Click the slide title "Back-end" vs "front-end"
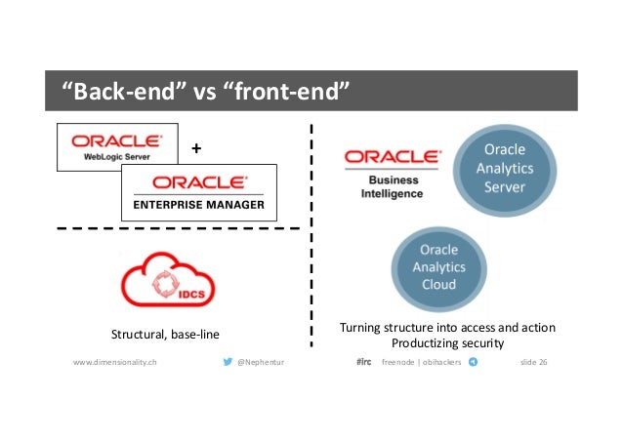tap(206, 92)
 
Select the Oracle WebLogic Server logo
tap(117, 147)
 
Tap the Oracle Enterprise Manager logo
tap(198, 191)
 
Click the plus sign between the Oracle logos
tap(197, 148)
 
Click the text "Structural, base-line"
tap(165, 336)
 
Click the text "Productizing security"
tap(448, 343)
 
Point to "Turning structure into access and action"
tap(448, 328)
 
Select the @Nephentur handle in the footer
tap(261, 362)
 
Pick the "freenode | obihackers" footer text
tap(421, 362)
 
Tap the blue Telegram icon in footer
tap(474, 362)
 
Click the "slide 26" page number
tap(533, 362)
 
